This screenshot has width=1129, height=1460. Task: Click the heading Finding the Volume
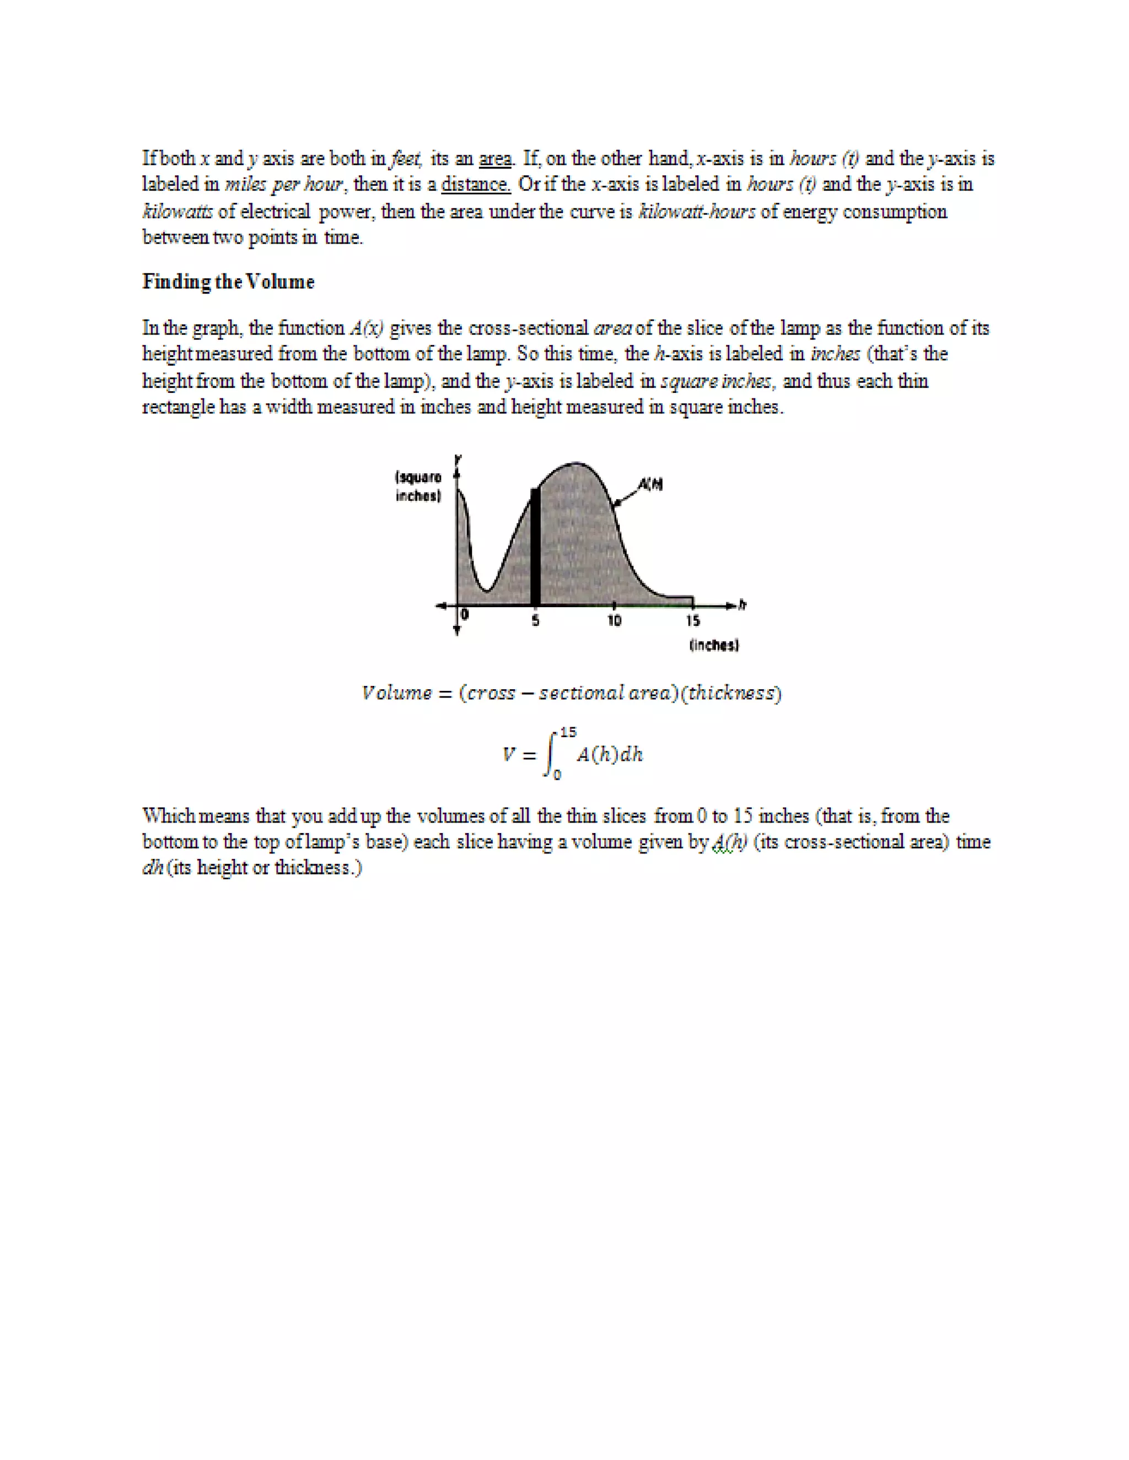click(x=228, y=282)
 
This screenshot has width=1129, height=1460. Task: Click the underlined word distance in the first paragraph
click(x=476, y=184)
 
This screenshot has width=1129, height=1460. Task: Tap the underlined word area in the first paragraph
click(x=495, y=159)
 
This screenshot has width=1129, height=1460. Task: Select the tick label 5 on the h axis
click(x=535, y=621)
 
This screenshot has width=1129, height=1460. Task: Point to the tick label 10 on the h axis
click(x=614, y=621)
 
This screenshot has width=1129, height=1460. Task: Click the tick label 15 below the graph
click(x=693, y=621)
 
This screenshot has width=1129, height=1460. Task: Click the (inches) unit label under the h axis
click(x=714, y=645)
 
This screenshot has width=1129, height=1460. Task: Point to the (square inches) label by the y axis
click(x=418, y=486)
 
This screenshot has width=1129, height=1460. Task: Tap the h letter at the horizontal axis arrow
click(x=743, y=605)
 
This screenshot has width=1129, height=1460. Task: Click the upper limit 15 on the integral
click(x=568, y=732)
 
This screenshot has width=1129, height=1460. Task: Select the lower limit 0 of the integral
click(x=557, y=776)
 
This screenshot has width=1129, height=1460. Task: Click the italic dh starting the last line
click(x=153, y=868)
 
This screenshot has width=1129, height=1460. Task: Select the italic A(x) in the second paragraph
click(x=367, y=328)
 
